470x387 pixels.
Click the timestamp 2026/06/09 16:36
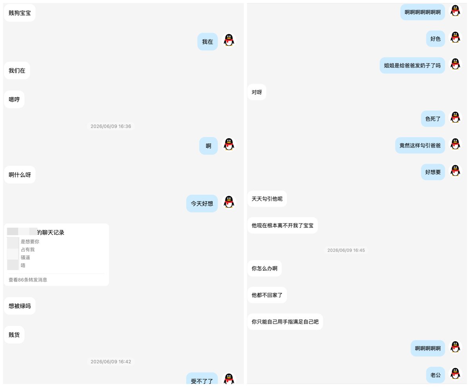(111, 126)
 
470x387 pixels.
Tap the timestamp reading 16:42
(111, 362)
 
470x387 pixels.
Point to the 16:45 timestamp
(346, 250)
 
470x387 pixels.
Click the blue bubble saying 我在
(208, 42)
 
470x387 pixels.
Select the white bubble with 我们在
(17, 71)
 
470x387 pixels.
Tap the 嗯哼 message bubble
(14, 99)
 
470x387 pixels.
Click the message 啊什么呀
(20, 175)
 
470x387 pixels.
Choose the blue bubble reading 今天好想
(202, 203)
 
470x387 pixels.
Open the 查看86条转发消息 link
(28, 280)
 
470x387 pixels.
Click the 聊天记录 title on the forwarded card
(51, 232)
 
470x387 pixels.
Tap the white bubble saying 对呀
(257, 92)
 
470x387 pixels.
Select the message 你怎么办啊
(264, 268)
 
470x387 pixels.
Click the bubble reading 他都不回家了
(267, 295)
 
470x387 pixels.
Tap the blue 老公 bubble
(436, 375)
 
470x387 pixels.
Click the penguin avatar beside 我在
(229, 40)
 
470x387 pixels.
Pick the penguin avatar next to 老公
(455, 374)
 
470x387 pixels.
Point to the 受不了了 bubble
(202, 380)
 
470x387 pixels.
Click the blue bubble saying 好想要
(433, 172)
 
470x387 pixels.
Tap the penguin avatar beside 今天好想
(229, 202)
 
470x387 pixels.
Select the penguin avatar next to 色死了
(455, 118)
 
